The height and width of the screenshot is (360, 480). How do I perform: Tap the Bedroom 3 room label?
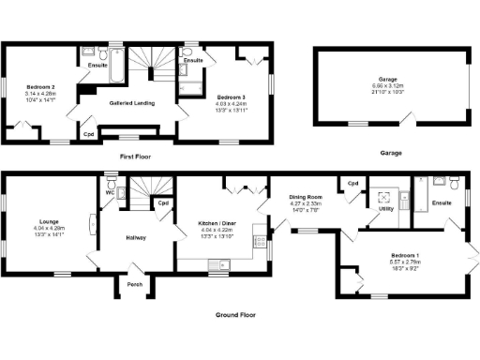[x=232, y=97]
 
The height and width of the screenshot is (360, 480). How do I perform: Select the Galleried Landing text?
[x=131, y=102]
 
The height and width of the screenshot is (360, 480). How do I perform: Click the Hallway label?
[x=138, y=237]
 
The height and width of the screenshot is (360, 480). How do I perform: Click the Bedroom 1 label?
[x=405, y=253]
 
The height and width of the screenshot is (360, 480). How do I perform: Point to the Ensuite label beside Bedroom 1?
[x=442, y=202]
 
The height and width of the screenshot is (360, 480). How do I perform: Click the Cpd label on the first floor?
[x=89, y=134]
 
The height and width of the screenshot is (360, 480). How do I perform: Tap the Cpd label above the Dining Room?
[x=353, y=183]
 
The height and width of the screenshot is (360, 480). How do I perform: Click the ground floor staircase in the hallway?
[x=142, y=194]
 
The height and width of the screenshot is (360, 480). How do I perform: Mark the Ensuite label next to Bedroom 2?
[x=97, y=65]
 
